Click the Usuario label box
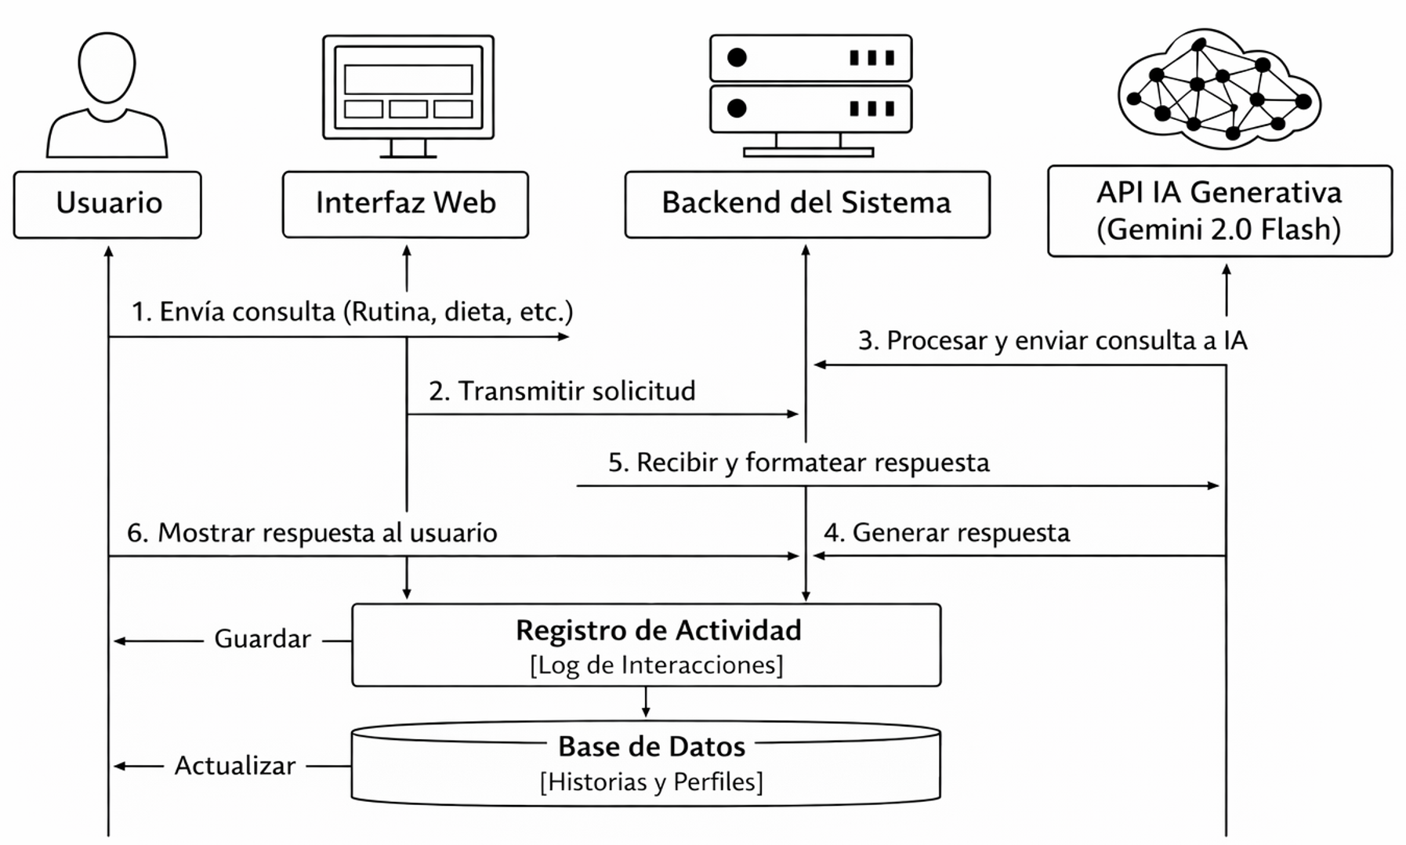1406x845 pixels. click(107, 204)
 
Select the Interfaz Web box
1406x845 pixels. click(405, 204)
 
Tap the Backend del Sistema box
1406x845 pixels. click(806, 204)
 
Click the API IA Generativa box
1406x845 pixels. click(1219, 210)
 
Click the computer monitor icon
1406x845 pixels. click(408, 90)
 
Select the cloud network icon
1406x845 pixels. click(1219, 90)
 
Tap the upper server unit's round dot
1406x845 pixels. click(737, 57)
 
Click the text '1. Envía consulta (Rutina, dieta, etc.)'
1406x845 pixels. click(352, 312)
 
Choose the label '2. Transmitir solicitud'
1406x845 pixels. click(562, 391)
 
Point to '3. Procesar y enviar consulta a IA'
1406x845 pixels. click(1052, 341)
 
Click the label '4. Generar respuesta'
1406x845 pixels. click(946, 533)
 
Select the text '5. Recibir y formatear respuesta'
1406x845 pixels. click(798, 462)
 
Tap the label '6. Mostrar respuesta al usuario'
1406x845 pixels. click(312, 533)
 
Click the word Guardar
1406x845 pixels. click(263, 640)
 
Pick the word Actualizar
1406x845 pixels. click(235, 766)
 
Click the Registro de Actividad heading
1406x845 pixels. click(658, 630)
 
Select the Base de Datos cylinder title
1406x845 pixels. click(651, 746)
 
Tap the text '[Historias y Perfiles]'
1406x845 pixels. click(651, 782)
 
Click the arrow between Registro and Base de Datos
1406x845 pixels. click(646, 702)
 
